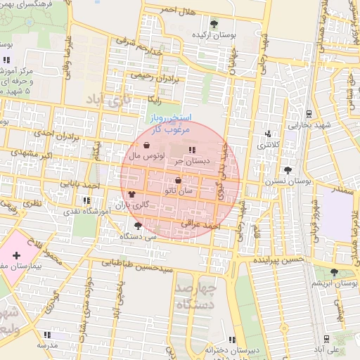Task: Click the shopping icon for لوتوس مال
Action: coord(146,145)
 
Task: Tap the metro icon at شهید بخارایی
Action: coord(309,113)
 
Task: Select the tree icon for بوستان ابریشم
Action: coord(334,272)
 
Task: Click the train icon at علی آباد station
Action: coord(328,337)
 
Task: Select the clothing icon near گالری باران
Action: coord(132,193)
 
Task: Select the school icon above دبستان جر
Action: coord(193,149)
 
